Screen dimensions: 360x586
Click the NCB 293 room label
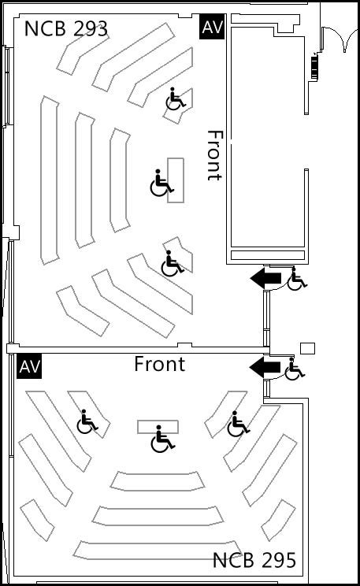tap(66, 28)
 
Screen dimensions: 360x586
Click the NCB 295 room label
tap(254, 560)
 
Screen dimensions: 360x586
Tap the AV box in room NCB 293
tap(212, 27)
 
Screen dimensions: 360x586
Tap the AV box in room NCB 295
tap(29, 366)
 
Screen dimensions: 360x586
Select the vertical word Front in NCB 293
tap(215, 155)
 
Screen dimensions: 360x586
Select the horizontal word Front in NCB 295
tap(160, 364)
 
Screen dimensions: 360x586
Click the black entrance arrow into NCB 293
tap(265, 278)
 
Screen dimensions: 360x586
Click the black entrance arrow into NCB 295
tap(265, 367)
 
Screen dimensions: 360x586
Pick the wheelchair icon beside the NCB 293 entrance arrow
tap(297, 279)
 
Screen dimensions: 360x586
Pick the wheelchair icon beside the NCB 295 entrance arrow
tap(295, 369)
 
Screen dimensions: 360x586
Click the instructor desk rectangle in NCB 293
tap(176, 180)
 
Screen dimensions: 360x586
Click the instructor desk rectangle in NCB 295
tap(158, 427)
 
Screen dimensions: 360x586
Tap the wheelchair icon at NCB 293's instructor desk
tap(161, 183)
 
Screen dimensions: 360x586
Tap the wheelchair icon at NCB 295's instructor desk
tap(162, 439)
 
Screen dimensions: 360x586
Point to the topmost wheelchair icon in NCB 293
tap(176, 99)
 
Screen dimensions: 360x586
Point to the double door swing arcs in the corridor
tap(340, 38)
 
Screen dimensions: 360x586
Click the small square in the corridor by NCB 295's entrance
tap(308, 348)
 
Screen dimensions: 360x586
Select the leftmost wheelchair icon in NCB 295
tap(87, 421)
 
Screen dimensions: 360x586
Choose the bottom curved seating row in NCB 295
tap(158, 550)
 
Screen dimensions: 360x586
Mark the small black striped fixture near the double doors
tap(314, 67)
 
